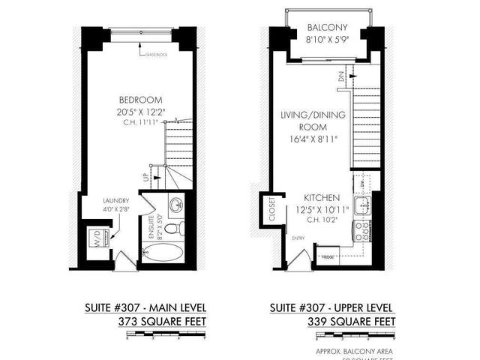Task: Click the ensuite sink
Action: click(x=175, y=205)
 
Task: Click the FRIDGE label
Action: click(x=328, y=256)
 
